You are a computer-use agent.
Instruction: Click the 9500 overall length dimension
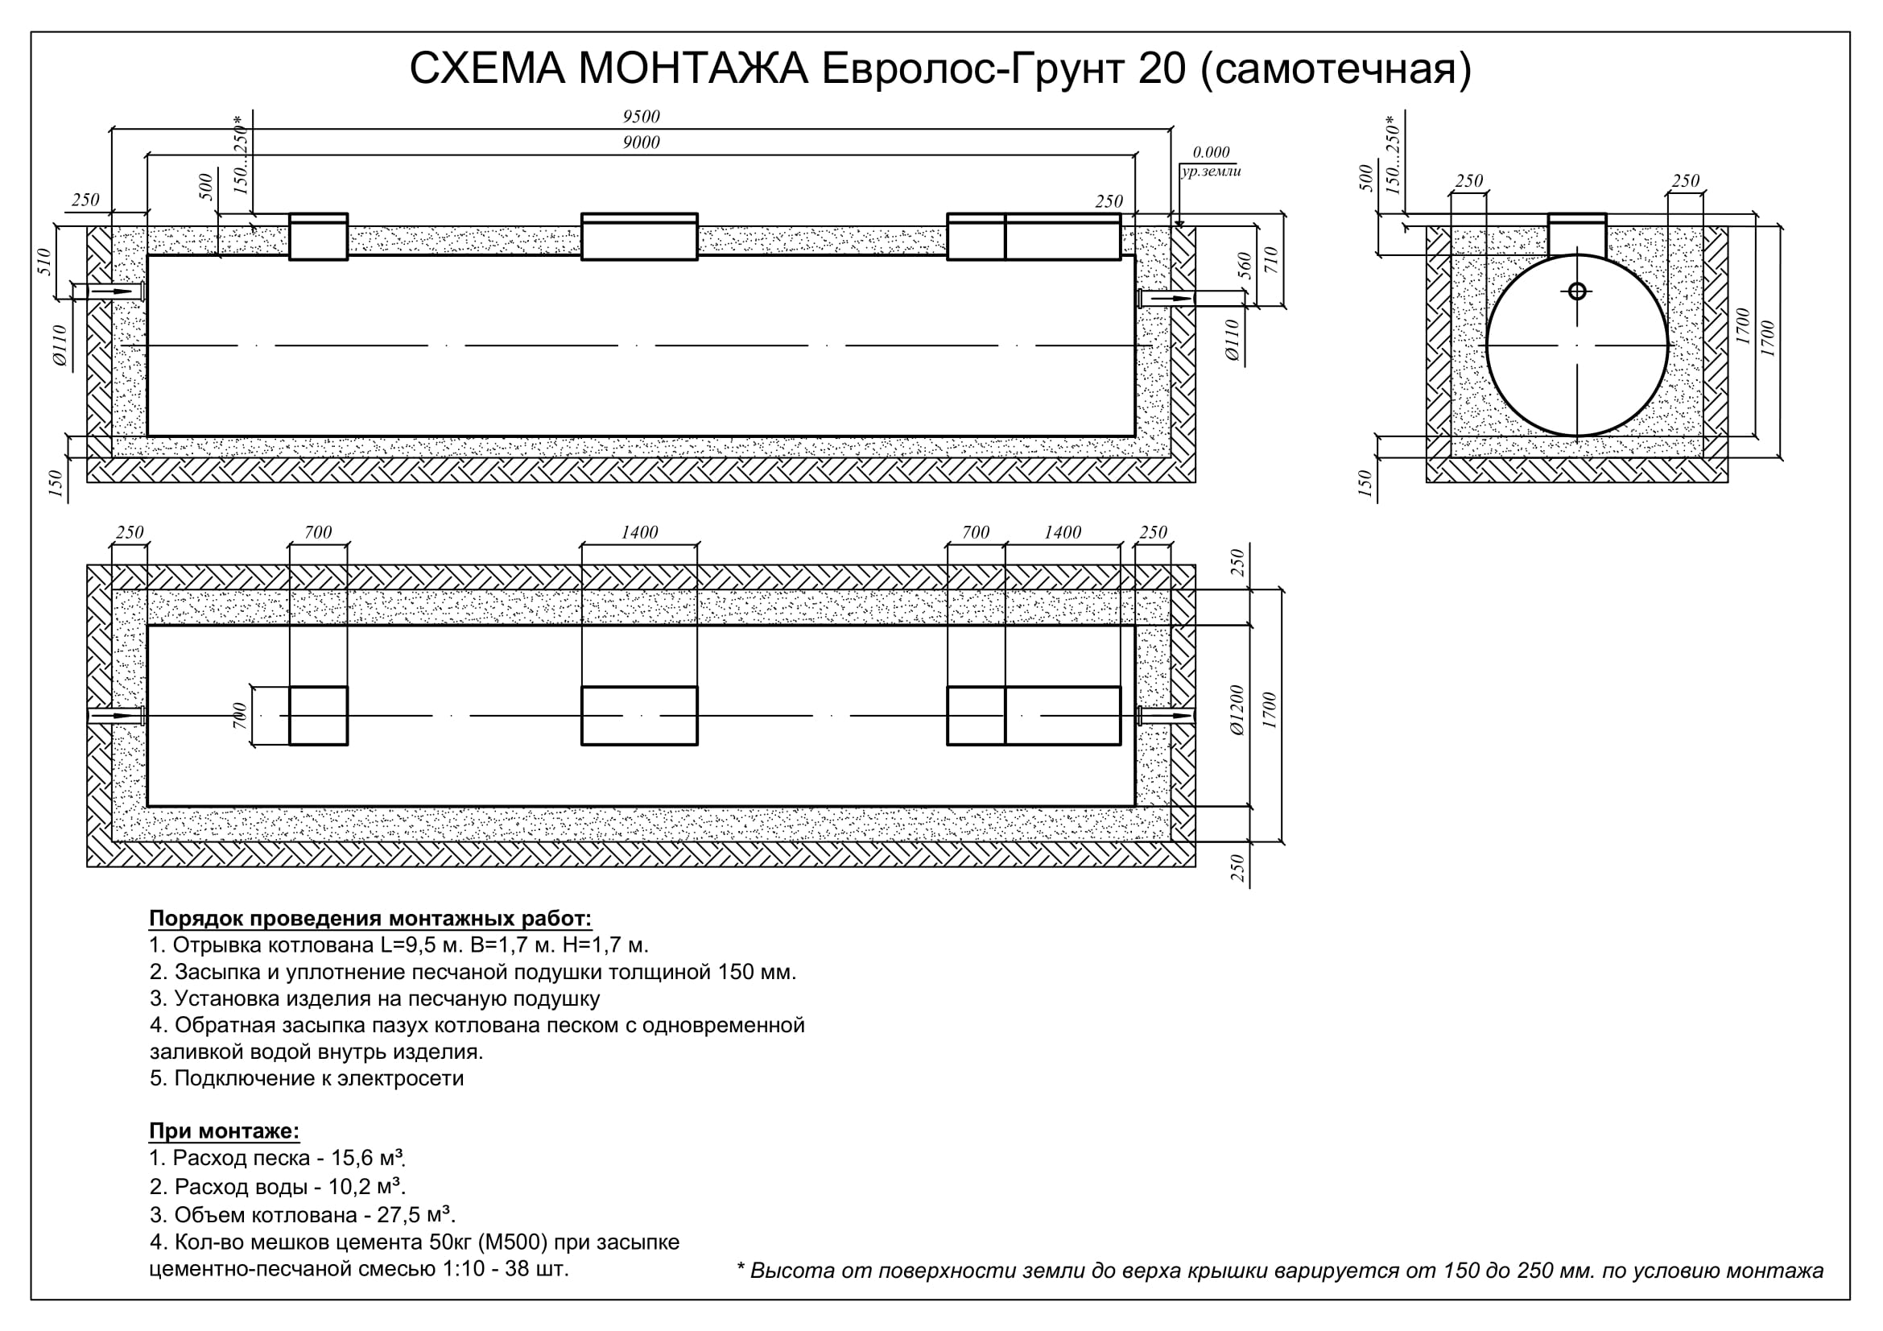coord(641,117)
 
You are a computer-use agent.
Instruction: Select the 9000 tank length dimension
coord(641,143)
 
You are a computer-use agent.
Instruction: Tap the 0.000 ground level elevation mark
coord(1211,152)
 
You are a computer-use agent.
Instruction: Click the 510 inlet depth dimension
coord(45,262)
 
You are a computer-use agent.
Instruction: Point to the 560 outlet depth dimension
coord(1244,266)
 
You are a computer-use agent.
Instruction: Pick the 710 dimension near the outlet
coord(1272,261)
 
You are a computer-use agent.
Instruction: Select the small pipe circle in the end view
coord(1576,291)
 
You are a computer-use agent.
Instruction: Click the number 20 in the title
coord(1162,69)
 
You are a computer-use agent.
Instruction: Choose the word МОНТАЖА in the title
coord(693,69)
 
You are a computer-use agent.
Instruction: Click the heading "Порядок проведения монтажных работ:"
coord(370,918)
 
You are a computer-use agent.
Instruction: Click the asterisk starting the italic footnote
coord(741,1267)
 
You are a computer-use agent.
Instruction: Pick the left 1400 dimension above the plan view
coord(639,532)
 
